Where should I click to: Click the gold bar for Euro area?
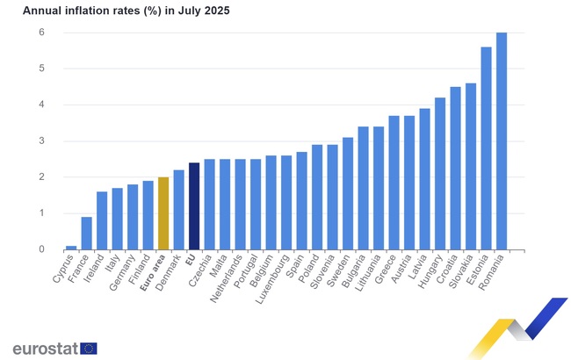(x=163, y=213)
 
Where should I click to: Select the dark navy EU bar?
(x=194, y=206)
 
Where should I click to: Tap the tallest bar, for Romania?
(x=502, y=141)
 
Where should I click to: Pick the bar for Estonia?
(x=486, y=148)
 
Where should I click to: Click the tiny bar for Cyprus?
(x=71, y=248)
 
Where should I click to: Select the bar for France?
(x=86, y=234)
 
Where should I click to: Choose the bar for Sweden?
(x=348, y=193)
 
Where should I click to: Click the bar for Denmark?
(x=178, y=210)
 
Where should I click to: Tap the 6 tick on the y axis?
(x=40, y=32)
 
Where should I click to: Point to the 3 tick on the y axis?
(x=40, y=141)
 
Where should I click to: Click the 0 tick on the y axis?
(x=40, y=249)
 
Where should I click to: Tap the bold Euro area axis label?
(x=151, y=275)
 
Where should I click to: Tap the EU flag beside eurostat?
(x=89, y=348)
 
